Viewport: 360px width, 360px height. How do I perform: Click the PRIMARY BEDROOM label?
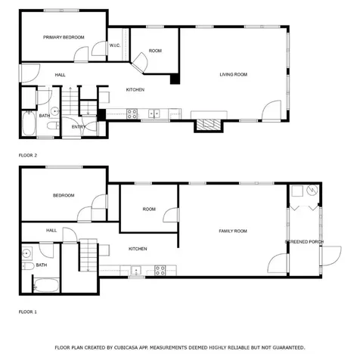pyautogui.click(x=64, y=37)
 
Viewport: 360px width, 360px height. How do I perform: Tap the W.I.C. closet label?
pyautogui.click(x=116, y=45)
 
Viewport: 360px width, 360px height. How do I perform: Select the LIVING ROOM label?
pyautogui.click(x=234, y=74)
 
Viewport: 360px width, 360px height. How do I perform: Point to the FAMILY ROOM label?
pyautogui.click(x=233, y=231)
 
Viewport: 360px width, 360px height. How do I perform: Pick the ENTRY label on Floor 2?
pyautogui.click(x=78, y=127)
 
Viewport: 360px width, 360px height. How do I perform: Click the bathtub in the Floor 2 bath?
pyautogui.click(x=27, y=124)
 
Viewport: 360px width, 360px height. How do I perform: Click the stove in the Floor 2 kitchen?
pyautogui.click(x=132, y=114)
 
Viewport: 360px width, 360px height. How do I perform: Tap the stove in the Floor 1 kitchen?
pyautogui.click(x=160, y=269)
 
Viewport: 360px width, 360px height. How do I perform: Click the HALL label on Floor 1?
pyautogui.click(x=51, y=230)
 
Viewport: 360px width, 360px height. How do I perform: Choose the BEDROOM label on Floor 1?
pyautogui.click(x=64, y=195)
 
